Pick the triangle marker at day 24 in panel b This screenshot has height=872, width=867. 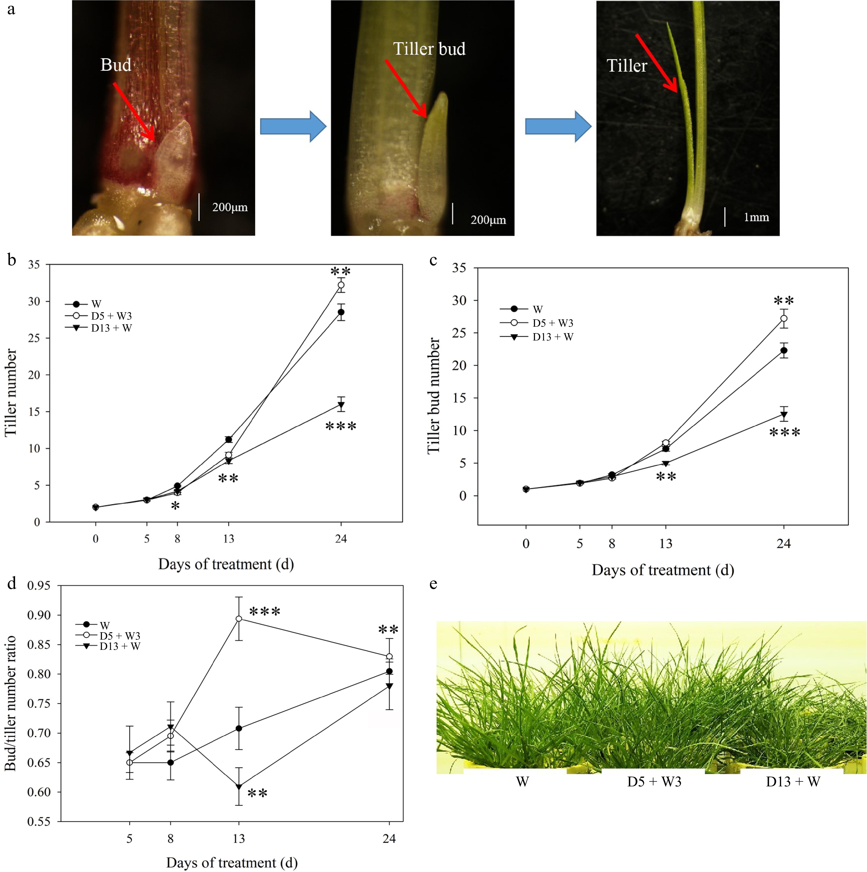341,405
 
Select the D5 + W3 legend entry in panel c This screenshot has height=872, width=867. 552,323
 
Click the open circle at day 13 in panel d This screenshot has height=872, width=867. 239,619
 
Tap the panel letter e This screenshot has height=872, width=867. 433,584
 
